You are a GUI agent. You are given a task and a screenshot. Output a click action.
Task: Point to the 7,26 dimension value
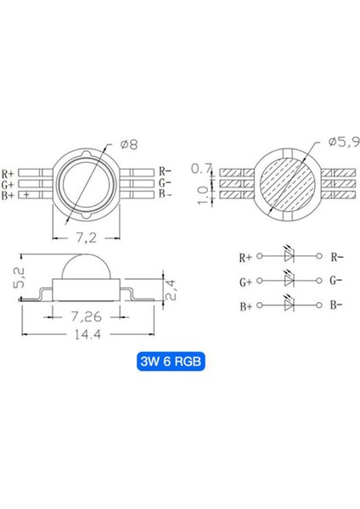point(85,315)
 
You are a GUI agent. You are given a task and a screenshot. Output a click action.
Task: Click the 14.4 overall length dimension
point(85,336)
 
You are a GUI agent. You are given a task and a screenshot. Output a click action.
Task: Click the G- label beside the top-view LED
point(166,183)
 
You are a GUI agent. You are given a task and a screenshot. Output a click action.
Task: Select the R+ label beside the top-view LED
point(15,171)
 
